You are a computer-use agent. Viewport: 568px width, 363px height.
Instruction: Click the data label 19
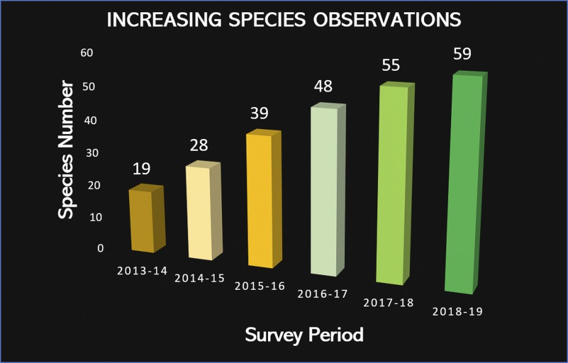click(141, 169)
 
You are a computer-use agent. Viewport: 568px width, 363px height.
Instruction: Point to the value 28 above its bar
click(199, 145)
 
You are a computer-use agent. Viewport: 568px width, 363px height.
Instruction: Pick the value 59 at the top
click(462, 54)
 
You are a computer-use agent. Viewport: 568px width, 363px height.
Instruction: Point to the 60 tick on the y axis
click(87, 53)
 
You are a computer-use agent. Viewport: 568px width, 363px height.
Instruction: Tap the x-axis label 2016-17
click(322, 293)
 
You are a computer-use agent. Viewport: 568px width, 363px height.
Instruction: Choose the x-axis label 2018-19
click(457, 311)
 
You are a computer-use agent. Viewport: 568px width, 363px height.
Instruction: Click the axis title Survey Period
click(304, 335)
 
